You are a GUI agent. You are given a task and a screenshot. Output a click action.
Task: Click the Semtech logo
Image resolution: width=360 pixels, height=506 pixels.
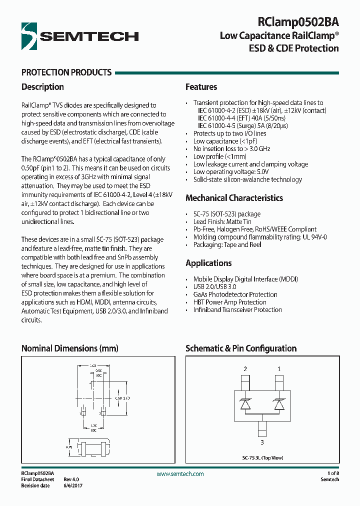[x=80, y=35]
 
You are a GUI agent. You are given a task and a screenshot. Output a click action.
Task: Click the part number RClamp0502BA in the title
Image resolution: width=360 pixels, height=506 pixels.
[x=298, y=22]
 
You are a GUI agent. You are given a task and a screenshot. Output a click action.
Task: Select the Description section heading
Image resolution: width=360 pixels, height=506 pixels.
[x=42, y=87]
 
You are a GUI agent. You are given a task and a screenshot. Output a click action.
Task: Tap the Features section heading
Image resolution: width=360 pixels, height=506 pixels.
[x=201, y=87]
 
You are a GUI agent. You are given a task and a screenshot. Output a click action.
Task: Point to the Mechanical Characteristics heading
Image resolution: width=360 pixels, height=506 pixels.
[x=234, y=198]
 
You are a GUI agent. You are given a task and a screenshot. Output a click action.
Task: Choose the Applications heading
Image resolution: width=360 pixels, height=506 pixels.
[x=208, y=263]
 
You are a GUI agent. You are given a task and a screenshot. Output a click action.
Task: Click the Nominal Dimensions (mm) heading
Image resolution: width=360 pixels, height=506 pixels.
[x=69, y=348]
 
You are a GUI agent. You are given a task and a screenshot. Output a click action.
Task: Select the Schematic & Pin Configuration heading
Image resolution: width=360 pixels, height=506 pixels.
[x=241, y=348]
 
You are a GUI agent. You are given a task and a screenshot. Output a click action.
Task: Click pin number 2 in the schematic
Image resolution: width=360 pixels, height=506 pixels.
[x=245, y=369]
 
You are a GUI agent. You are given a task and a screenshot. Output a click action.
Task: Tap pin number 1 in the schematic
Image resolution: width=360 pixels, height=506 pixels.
[x=279, y=369]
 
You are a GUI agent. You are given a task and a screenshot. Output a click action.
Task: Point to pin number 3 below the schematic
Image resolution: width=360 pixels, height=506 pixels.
[x=262, y=442]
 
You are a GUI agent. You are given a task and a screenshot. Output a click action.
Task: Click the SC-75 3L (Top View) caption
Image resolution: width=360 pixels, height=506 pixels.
[x=262, y=457]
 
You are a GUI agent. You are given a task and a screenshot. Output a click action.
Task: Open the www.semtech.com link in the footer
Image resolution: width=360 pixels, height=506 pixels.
[x=180, y=473]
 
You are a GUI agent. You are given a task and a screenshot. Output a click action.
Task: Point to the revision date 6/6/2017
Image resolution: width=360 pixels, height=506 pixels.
[x=73, y=485]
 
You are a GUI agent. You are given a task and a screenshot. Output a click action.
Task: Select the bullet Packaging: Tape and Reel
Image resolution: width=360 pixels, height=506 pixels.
[x=227, y=244]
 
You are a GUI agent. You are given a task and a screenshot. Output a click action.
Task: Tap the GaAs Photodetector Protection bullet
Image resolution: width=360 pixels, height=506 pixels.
[x=235, y=294]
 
